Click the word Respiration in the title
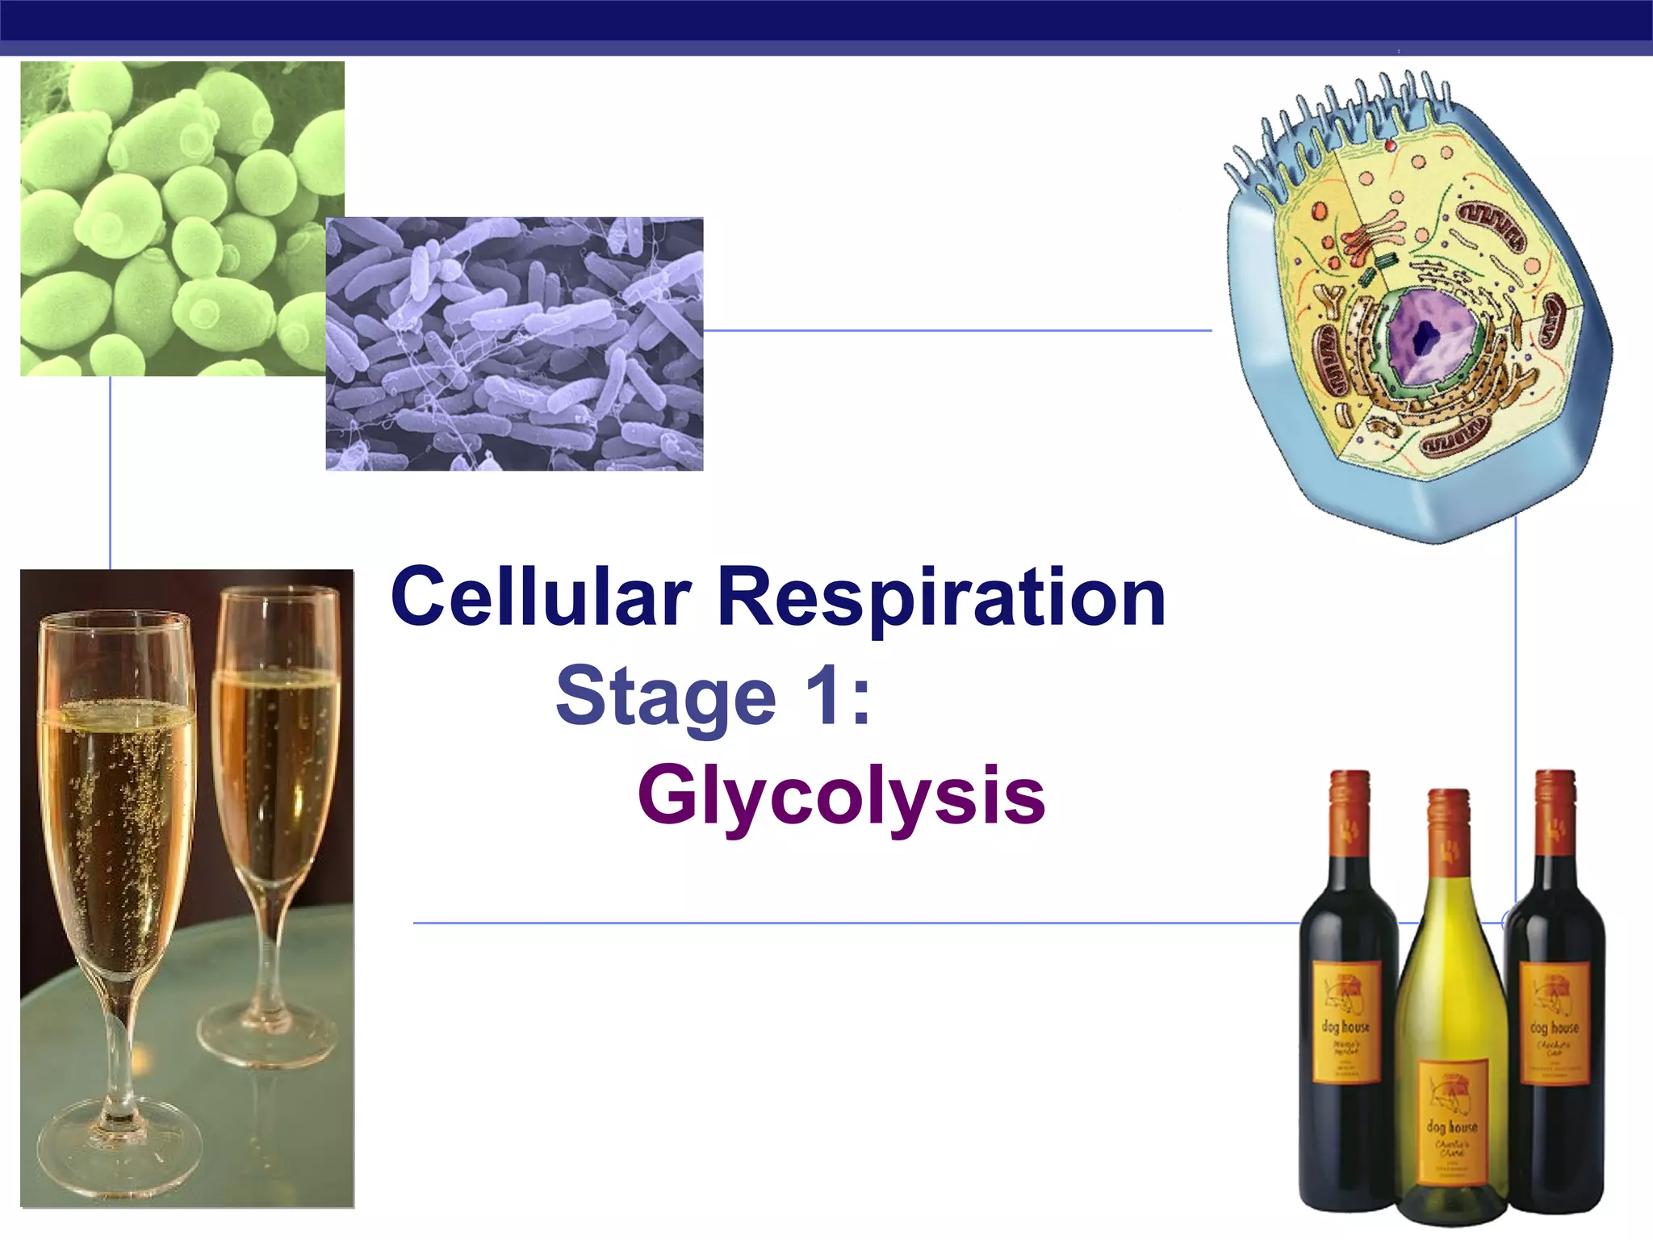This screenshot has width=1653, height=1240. click(941, 597)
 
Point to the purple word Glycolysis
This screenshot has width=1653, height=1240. click(841, 795)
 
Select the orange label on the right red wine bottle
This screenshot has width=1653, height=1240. click(1555, 1021)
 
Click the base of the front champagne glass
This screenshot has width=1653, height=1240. click(121, 1146)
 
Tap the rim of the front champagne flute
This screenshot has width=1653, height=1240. click(117, 622)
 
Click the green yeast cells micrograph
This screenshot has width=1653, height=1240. click(161, 202)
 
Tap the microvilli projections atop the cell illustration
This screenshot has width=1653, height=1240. click(1340, 121)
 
